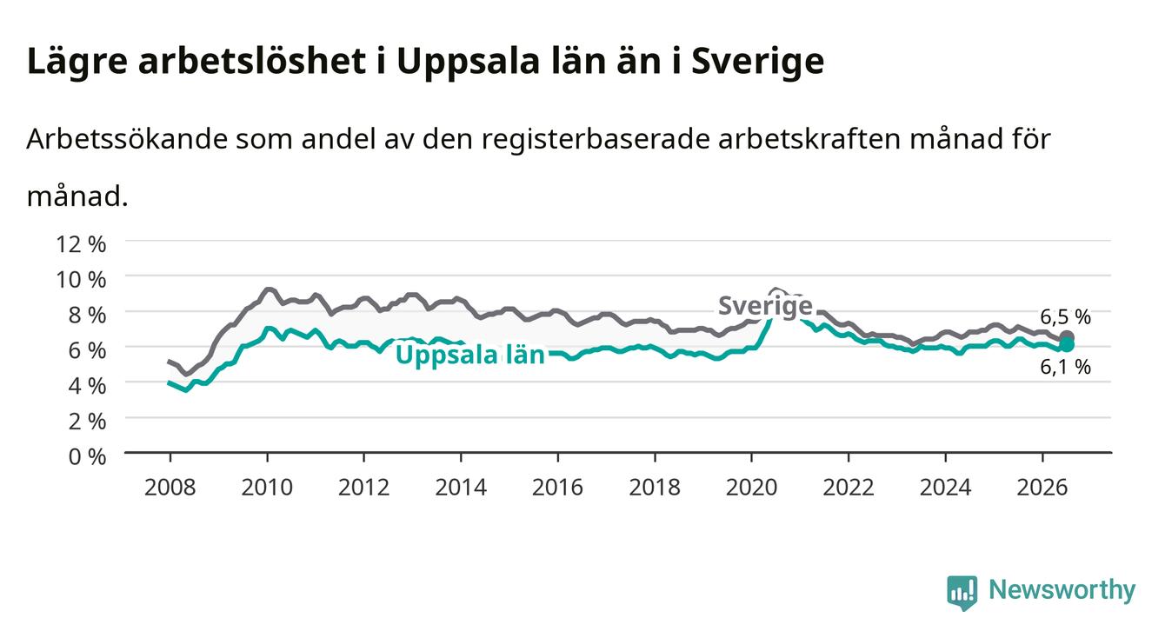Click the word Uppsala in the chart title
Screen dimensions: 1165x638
pos(468,63)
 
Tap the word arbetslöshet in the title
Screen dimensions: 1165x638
pos(252,61)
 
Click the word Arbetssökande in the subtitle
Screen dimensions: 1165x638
pos(127,139)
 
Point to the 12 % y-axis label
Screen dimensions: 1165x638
pos(81,244)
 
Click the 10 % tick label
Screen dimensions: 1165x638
pos(81,280)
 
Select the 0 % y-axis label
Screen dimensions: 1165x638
pos(87,456)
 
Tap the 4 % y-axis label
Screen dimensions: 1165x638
pos(87,386)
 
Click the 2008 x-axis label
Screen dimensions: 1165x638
pos(170,488)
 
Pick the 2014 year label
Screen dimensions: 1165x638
pos(461,488)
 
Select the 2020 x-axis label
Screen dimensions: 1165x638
pos(751,488)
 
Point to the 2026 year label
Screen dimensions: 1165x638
pos(1042,488)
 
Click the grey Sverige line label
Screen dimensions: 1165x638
pos(765,306)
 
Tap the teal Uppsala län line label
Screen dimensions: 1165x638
pos(470,356)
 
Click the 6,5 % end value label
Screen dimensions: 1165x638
pos(1065,316)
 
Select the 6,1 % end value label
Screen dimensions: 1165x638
pos(1065,367)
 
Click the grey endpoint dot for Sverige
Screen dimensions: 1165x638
pos(1067,337)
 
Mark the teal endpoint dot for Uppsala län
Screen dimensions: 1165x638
pos(1067,345)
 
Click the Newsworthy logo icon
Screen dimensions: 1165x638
pos(962,593)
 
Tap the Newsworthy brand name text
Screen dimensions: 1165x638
pos(1062,590)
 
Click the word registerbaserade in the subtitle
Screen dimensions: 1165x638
pos(595,139)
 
